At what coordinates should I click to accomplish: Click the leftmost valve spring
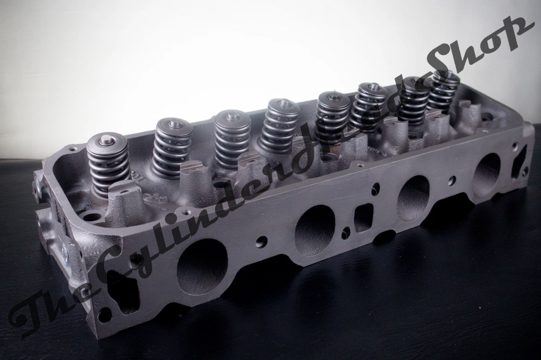coord(107,167)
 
